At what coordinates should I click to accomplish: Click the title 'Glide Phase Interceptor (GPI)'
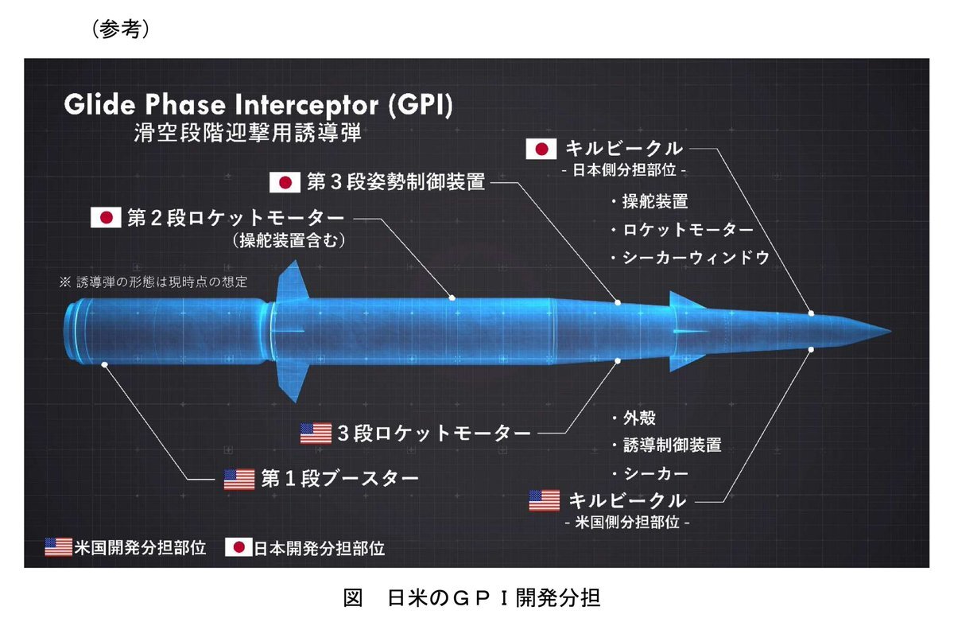pos(258,105)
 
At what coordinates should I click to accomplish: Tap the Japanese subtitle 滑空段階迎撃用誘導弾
pos(247,132)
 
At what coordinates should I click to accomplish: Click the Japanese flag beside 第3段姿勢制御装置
pos(285,182)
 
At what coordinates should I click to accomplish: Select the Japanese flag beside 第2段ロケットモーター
pos(106,217)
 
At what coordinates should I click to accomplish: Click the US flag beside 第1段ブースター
pos(239,480)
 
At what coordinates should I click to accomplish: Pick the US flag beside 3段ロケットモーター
pos(316,434)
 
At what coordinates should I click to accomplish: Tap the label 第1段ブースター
pos(339,479)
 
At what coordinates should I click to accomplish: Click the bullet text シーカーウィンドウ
pos(696,258)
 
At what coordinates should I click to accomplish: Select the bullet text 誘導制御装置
pos(673,445)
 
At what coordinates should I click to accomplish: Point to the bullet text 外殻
pos(639,418)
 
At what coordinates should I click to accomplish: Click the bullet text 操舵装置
pos(655,201)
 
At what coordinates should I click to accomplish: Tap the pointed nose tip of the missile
pos(891,331)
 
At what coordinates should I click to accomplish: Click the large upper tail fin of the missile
pos(293,282)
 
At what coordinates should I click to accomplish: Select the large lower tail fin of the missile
pos(293,381)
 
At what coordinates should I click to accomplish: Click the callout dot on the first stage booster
pos(104,364)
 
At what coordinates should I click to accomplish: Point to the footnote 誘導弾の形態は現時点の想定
pos(162,282)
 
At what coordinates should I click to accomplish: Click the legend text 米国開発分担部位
pos(140,547)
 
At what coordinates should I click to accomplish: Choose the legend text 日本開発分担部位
pos(320,548)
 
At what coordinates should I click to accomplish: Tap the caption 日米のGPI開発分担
pos(494,597)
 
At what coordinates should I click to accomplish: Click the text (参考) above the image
pos(121,29)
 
